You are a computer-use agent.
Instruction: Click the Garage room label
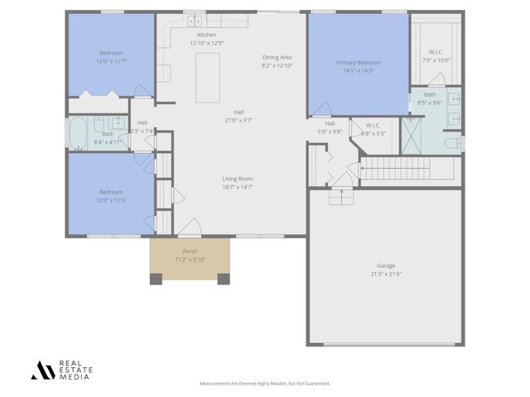pos(386,265)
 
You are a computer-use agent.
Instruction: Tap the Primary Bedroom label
pos(359,62)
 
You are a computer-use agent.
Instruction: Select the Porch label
pos(190,251)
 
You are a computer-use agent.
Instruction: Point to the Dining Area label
pos(277,57)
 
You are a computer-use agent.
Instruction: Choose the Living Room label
pos(238,179)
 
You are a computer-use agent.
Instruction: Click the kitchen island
pos(208,78)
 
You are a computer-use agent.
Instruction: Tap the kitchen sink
pos(195,21)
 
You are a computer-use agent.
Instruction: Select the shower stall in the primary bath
pos(412,136)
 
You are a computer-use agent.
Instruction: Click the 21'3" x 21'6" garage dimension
pos(386,274)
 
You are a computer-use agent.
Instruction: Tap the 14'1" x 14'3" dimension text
pos(359,71)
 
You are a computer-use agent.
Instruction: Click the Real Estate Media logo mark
pos(41,370)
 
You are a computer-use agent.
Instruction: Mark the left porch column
pos(156,279)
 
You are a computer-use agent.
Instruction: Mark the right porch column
pos(224,279)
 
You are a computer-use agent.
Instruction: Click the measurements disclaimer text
pos(264,384)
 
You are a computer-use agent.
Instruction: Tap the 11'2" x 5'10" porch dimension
pos(190,260)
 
